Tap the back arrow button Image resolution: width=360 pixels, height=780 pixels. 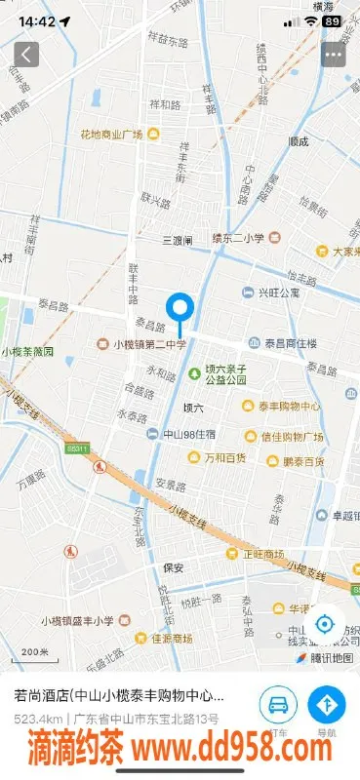coord(26,54)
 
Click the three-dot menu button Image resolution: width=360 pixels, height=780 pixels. coord(334,54)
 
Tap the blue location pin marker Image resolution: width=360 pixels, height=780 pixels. coord(180,310)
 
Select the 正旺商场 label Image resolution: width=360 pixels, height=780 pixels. coord(264,553)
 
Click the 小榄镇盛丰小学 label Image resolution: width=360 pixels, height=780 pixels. coord(77,620)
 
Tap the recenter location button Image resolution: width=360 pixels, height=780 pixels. coord(325,625)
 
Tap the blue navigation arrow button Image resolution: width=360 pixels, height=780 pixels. coord(326,705)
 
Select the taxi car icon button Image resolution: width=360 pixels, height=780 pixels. coord(278,705)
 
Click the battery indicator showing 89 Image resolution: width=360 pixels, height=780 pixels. coord(333,20)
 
